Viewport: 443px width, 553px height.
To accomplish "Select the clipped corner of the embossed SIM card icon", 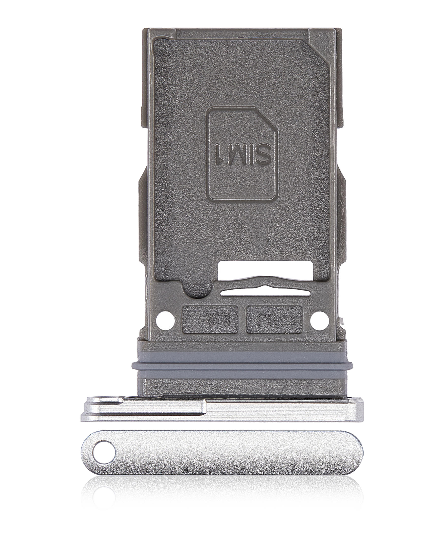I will click(267, 117).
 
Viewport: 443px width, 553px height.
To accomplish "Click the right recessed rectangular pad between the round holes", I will click(274, 319).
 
